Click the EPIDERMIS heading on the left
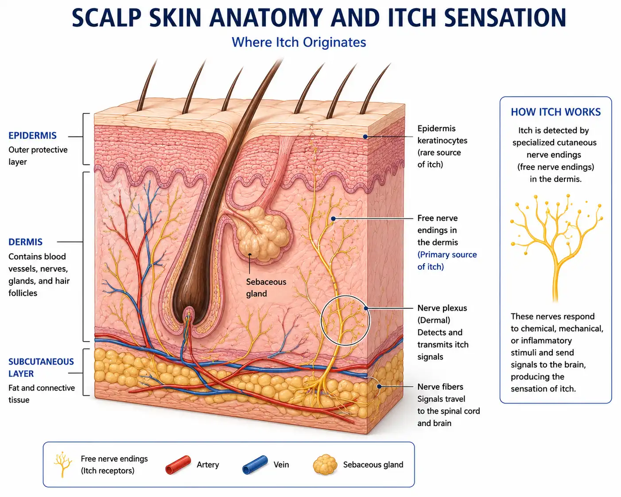click(x=32, y=136)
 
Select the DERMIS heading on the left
click(x=25, y=242)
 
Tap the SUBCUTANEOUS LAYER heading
click(x=41, y=367)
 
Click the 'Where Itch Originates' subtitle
click(x=299, y=42)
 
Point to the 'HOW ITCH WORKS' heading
click(x=556, y=112)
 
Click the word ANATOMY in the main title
click(x=266, y=17)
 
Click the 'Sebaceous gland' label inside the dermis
click(x=266, y=288)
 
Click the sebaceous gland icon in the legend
click(x=325, y=465)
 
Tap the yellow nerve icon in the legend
click(x=63, y=465)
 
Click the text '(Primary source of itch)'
click(x=447, y=260)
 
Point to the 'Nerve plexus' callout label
click(x=442, y=308)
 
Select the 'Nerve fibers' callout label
click(x=440, y=387)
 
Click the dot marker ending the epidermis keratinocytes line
click(x=365, y=136)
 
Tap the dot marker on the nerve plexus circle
click(x=366, y=308)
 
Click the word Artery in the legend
click(x=208, y=465)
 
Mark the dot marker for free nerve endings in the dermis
click(x=333, y=219)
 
